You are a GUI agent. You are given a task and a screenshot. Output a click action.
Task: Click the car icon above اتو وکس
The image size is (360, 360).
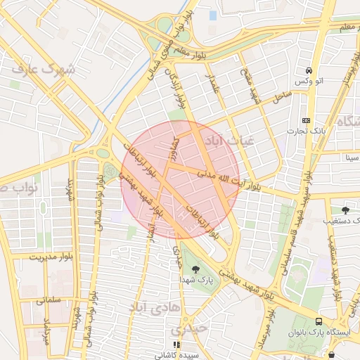click(x=309, y=71)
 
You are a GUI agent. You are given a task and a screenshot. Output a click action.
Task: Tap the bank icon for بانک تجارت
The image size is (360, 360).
click(x=305, y=120)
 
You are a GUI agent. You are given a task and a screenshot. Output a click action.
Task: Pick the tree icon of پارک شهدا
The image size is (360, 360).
click(x=195, y=269)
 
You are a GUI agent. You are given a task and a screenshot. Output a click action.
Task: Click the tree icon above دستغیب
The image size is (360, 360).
click(x=345, y=210)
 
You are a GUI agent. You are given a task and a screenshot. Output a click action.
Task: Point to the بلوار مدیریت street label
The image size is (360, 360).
click(x=50, y=257)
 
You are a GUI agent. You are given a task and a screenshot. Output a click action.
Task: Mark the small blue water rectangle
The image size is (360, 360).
click(x=212, y=15)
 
